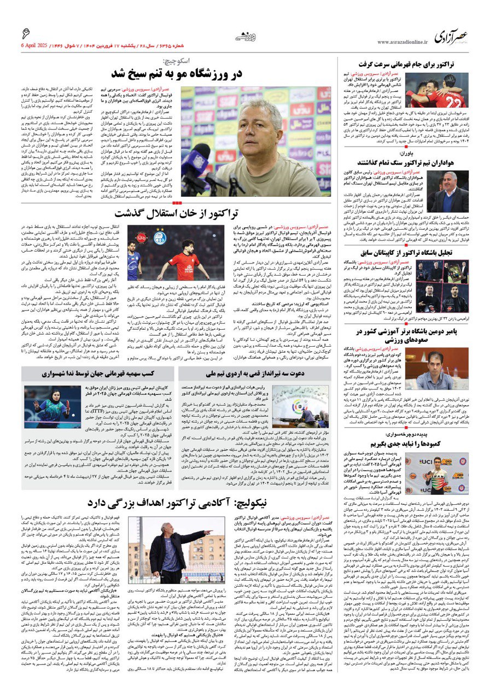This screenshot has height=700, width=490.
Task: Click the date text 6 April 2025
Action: point(39,44)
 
